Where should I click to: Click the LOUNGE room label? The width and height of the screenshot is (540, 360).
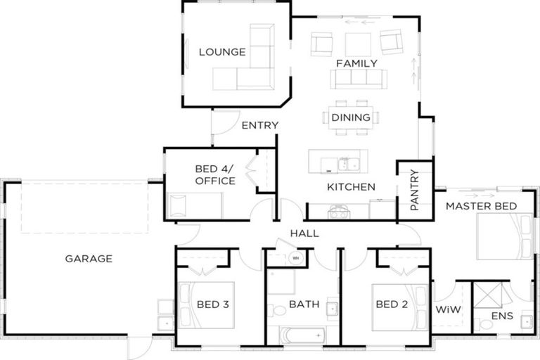pyautogui.click(x=221, y=51)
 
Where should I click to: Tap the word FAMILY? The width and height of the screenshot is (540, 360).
pyautogui.click(x=356, y=63)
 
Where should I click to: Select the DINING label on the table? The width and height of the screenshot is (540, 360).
pyautogui.click(x=351, y=117)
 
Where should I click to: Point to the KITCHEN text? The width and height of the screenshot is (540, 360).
pyautogui.click(x=351, y=187)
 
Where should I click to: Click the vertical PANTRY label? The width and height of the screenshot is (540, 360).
pyautogui.click(x=414, y=190)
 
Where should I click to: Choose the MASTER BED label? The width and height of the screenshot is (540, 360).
pyautogui.click(x=481, y=206)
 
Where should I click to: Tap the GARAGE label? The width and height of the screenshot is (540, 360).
pyautogui.click(x=89, y=259)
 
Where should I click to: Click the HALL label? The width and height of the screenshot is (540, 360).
pyautogui.click(x=304, y=233)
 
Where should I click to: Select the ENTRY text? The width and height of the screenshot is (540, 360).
pyautogui.click(x=259, y=126)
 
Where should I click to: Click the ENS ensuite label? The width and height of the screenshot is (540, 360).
pyautogui.click(x=502, y=316)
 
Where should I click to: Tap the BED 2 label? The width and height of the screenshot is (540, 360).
pyautogui.click(x=392, y=304)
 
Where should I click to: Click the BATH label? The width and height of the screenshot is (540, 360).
pyautogui.click(x=304, y=305)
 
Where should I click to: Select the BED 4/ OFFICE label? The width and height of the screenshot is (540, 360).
pyautogui.click(x=214, y=174)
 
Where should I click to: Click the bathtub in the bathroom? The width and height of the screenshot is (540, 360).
pyautogui.click(x=302, y=335)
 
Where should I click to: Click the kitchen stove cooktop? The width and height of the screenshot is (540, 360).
pyautogui.click(x=337, y=209)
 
